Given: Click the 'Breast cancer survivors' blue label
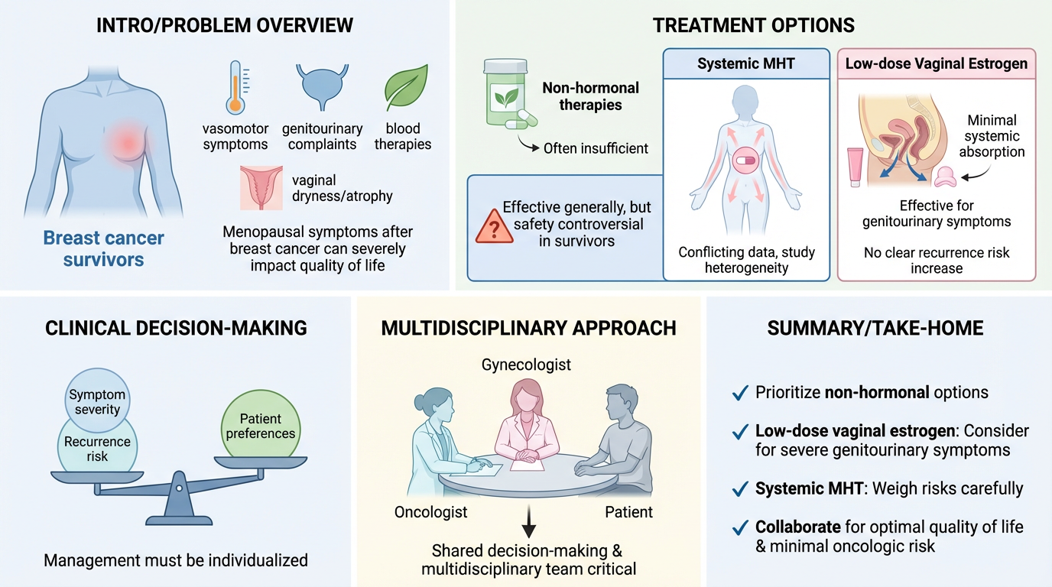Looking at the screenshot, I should point(103,248).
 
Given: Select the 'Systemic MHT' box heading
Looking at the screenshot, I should point(745,63).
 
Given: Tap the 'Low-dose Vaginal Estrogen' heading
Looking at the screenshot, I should point(936,63).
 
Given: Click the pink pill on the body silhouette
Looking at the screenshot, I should point(745,162).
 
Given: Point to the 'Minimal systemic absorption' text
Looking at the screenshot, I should point(992,136).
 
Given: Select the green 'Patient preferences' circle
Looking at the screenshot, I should point(261,426).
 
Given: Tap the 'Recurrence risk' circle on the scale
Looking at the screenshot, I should point(97,449).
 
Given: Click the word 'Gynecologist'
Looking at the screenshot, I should point(526,365).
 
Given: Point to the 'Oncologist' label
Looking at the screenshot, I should point(430,511).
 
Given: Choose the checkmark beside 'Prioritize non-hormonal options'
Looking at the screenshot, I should point(739,393).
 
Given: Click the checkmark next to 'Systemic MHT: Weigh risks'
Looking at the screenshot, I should point(739,488).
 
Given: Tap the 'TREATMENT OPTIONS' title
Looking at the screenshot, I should point(753,25).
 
